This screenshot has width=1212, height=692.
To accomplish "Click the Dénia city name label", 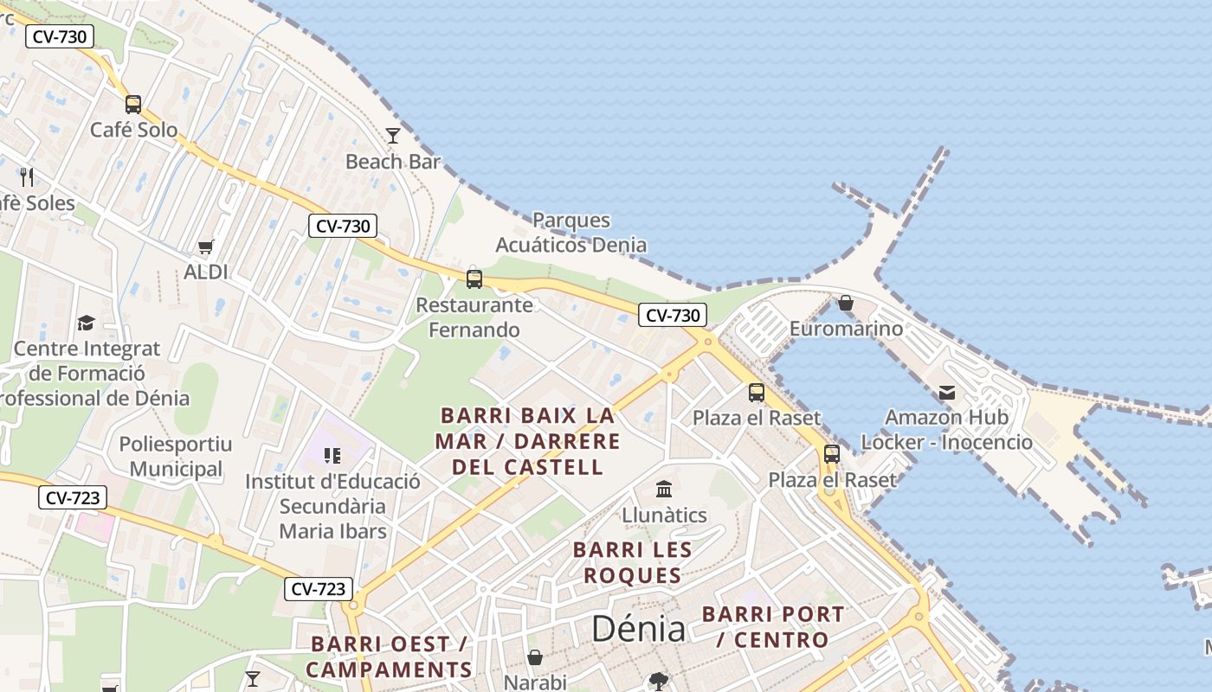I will [638, 629].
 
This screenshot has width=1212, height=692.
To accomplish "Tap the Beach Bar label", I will [393, 162].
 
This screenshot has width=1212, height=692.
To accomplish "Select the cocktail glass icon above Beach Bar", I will [393, 135].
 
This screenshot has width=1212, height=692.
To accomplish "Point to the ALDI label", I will [205, 272].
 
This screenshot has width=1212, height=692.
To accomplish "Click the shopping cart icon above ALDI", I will [205, 247].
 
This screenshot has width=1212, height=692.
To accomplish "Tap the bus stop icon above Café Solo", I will [133, 105].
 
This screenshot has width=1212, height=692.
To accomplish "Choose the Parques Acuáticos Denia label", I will [571, 233].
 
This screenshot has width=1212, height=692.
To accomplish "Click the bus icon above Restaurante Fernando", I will [474, 279].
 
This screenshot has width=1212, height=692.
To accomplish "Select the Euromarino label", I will [846, 329].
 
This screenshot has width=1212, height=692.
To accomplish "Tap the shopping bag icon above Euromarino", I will [846, 303].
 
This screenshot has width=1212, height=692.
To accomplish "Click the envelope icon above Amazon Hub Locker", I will [947, 393].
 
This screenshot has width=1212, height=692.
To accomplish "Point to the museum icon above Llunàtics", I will [664, 490].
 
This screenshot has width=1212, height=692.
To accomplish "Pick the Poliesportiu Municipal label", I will [176, 457].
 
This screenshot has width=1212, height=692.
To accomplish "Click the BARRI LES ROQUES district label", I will [632, 562].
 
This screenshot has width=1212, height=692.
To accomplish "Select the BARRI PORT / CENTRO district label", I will [772, 627].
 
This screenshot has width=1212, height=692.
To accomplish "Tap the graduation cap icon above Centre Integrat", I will [86, 324].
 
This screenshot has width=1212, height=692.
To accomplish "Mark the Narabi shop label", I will [535, 682].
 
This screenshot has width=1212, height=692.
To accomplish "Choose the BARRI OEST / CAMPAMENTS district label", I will [389, 657].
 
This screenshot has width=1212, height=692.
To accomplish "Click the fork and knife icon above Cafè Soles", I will [27, 177].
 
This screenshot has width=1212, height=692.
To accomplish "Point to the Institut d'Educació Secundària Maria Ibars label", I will [332, 506].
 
